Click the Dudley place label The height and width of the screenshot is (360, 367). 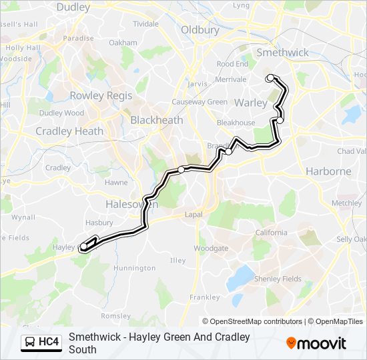[x=73, y=7]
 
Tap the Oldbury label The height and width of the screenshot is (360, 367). [x=200, y=30]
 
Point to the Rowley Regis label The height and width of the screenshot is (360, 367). [x=101, y=95]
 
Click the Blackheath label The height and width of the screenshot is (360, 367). [x=156, y=120]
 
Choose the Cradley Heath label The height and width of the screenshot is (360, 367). [x=69, y=131]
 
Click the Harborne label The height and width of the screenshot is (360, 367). [x=328, y=171]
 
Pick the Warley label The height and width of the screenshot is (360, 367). [x=251, y=103]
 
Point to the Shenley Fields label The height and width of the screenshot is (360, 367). [x=278, y=279]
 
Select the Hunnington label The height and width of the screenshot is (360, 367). [x=134, y=268]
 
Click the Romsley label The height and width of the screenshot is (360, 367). [x=111, y=315]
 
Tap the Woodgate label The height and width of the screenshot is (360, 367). [x=211, y=248]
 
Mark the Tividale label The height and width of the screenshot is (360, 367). [x=145, y=23]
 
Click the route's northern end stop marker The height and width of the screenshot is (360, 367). [x=270, y=78]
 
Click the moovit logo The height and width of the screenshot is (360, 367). [x=316, y=343]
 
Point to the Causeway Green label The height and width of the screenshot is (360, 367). [x=199, y=102]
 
